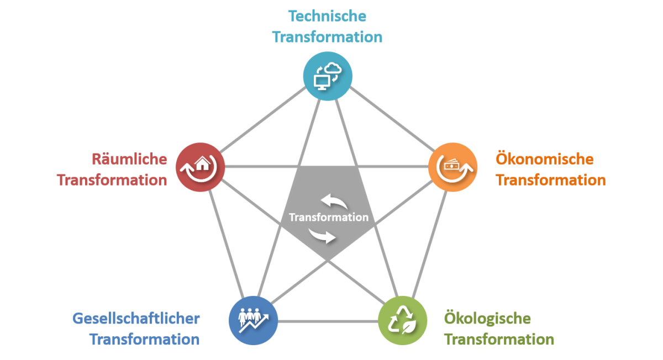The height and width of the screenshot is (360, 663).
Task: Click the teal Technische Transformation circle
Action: [328, 76]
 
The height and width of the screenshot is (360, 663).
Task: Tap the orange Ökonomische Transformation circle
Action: [453, 167]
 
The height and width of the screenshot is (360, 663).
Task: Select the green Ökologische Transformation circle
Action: [402, 321]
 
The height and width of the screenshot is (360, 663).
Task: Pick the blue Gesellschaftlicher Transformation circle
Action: [254, 321]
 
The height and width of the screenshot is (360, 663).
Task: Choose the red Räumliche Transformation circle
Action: [201, 167]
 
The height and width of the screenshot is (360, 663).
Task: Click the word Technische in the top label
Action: [327, 15]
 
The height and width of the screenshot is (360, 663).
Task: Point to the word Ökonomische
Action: [545, 159]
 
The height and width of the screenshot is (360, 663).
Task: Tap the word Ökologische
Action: [488, 319]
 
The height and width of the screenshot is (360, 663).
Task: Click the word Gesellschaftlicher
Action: [136, 319]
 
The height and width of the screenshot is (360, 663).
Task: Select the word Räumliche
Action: [129, 159]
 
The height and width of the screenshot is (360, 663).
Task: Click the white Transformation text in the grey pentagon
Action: [328, 217]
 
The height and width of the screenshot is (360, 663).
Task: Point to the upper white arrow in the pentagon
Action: [334, 201]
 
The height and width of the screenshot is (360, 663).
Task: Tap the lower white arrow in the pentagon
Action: [323, 236]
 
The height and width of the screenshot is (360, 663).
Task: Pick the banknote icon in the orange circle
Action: [452, 164]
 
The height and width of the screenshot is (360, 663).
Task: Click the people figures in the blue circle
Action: [249, 316]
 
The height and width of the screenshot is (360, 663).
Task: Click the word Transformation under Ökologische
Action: [499, 339]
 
